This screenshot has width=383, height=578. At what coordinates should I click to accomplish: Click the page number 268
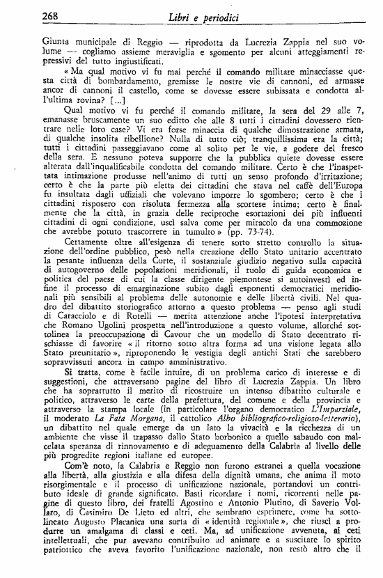[x=52, y=16]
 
